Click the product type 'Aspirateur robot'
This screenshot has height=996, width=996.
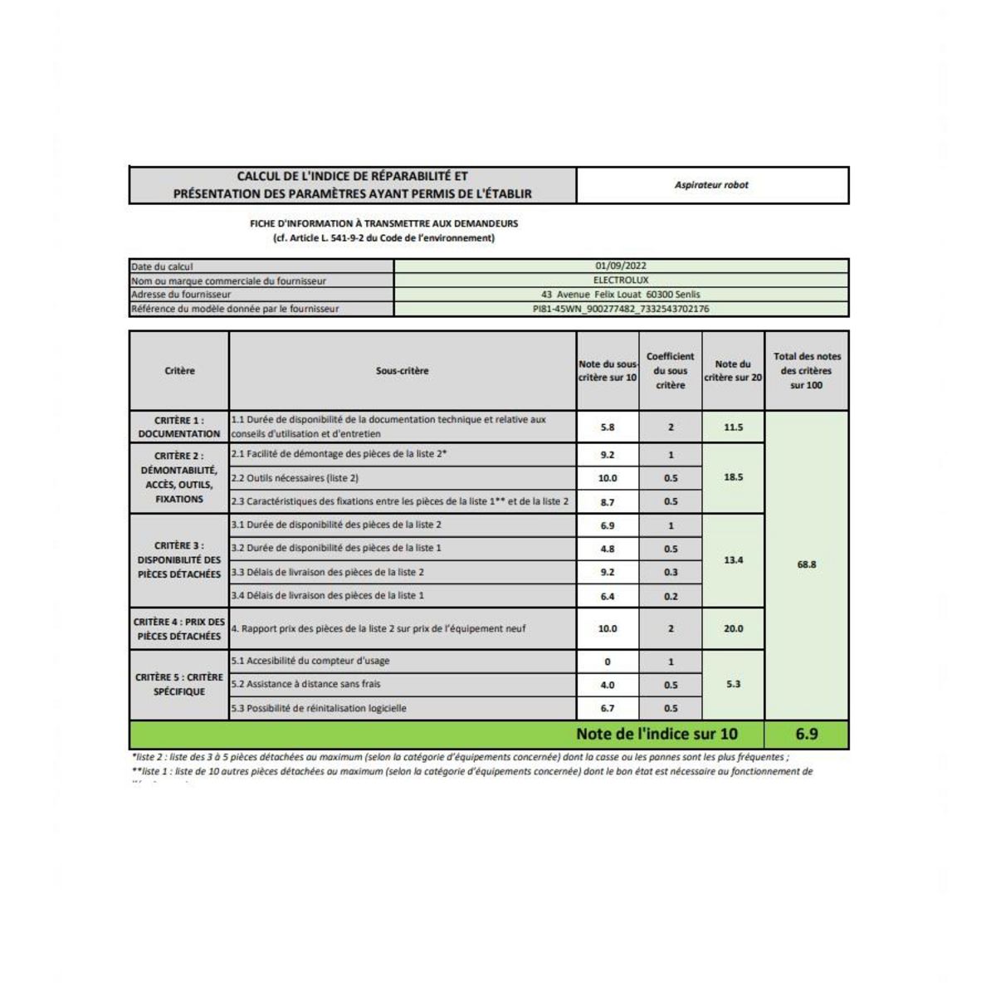point(711,185)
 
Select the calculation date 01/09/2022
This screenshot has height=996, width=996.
point(621,266)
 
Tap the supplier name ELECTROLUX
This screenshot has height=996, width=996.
point(621,281)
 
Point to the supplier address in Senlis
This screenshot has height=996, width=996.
point(621,295)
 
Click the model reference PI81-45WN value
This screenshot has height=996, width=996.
point(621,309)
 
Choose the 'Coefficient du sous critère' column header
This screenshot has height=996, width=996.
point(670,370)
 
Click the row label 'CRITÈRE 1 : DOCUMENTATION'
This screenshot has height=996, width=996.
point(179,427)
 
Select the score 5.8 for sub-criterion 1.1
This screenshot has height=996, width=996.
point(608,427)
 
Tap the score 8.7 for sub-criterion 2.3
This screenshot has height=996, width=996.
point(608,502)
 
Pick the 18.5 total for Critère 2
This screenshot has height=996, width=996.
point(733,477)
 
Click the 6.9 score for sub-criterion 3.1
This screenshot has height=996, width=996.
point(608,525)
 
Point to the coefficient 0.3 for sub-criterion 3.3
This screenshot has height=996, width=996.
point(671,573)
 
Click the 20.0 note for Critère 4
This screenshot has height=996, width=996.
point(733,628)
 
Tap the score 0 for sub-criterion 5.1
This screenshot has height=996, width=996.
point(608,662)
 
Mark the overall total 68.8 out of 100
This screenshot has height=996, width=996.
point(806,564)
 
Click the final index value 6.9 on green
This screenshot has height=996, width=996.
point(806,734)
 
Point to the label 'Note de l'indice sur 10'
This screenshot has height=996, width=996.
point(657,734)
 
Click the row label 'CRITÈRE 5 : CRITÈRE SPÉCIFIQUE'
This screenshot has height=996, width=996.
point(179,684)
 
